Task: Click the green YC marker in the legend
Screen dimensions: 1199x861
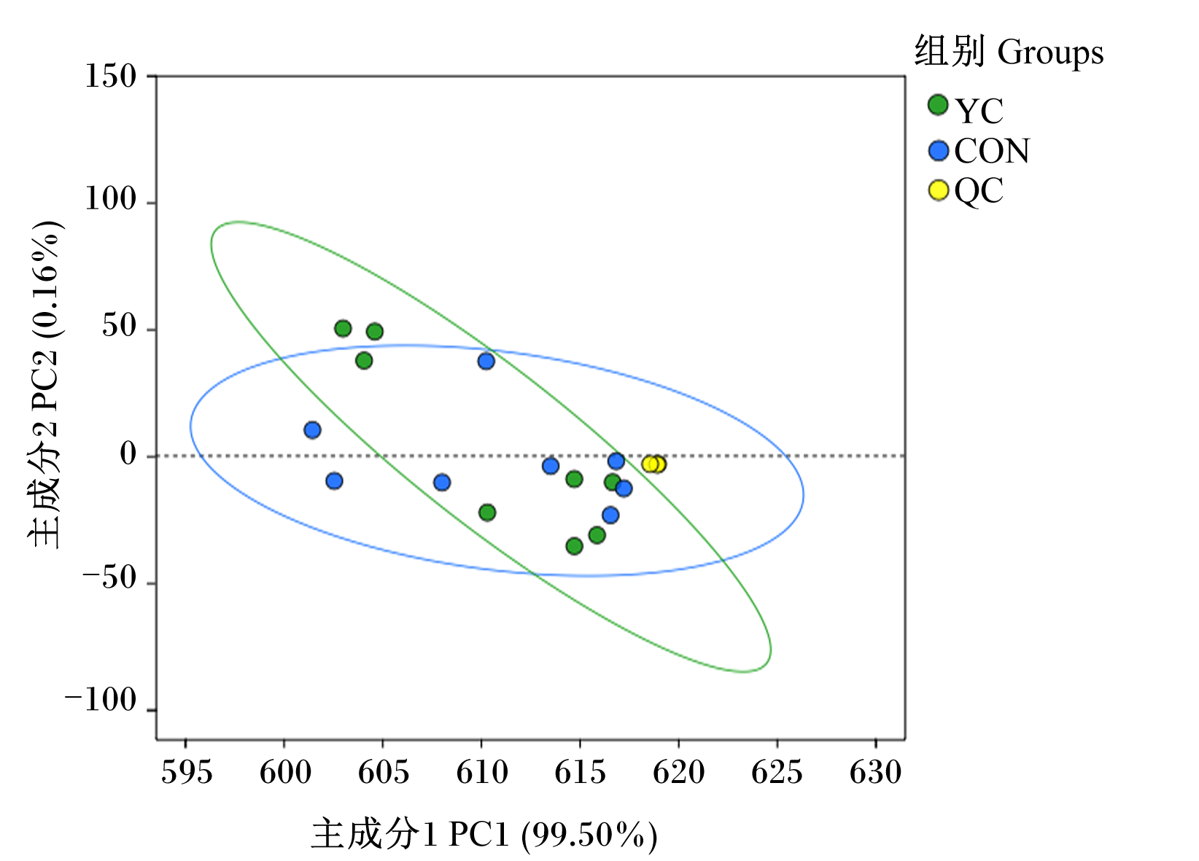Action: [x=938, y=105]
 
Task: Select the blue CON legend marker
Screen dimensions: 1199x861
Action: [x=939, y=151]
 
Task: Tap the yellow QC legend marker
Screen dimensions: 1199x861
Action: [x=939, y=190]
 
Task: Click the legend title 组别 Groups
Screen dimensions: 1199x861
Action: [x=1009, y=51]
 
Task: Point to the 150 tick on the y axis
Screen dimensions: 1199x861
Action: [x=111, y=76]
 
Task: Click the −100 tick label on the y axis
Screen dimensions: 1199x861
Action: [x=101, y=700]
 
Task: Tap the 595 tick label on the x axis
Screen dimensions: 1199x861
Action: [x=187, y=772]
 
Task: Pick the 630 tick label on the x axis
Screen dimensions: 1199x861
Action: [x=876, y=772]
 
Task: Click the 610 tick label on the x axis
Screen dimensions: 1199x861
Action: [x=482, y=772]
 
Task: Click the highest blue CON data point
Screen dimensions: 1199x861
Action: [x=486, y=361]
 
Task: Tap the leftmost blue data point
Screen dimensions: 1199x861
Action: [x=313, y=429]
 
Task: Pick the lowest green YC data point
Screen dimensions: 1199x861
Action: [x=575, y=546]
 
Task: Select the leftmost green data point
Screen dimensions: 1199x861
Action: [x=343, y=329]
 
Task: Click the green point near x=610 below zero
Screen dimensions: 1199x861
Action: [x=487, y=513]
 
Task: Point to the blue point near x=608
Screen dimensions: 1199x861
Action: [x=442, y=483]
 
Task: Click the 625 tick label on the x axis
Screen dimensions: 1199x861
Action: [x=777, y=772]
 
